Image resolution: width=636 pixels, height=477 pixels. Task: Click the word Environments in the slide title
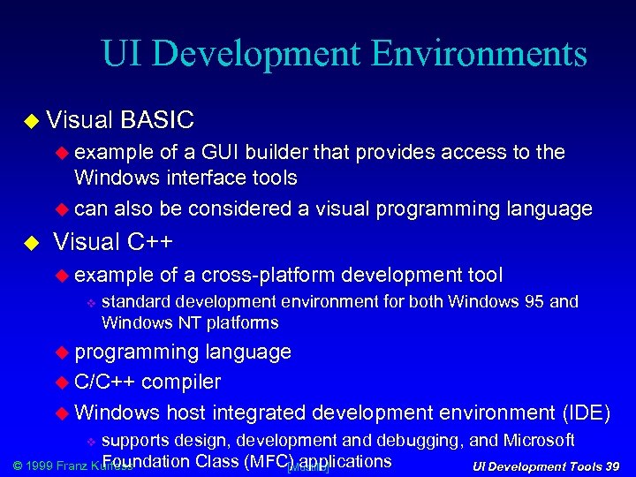pyautogui.click(x=479, y=54)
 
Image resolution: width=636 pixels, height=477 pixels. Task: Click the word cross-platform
pyautogui.click(x=269, y=276)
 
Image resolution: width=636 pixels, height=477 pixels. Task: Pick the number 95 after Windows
pyautogui.click(x=534, y=302)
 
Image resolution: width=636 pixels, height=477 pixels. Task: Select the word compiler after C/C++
pyautogui.click(x=181, y=382)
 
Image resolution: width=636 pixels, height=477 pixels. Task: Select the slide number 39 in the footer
pyautogui.click(x=610, y=466)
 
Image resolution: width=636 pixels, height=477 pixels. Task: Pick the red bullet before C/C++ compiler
pyautogui.click(x=62, y=382)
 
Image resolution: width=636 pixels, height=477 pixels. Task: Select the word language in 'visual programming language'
pyautogui.click(x=549, y=208)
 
